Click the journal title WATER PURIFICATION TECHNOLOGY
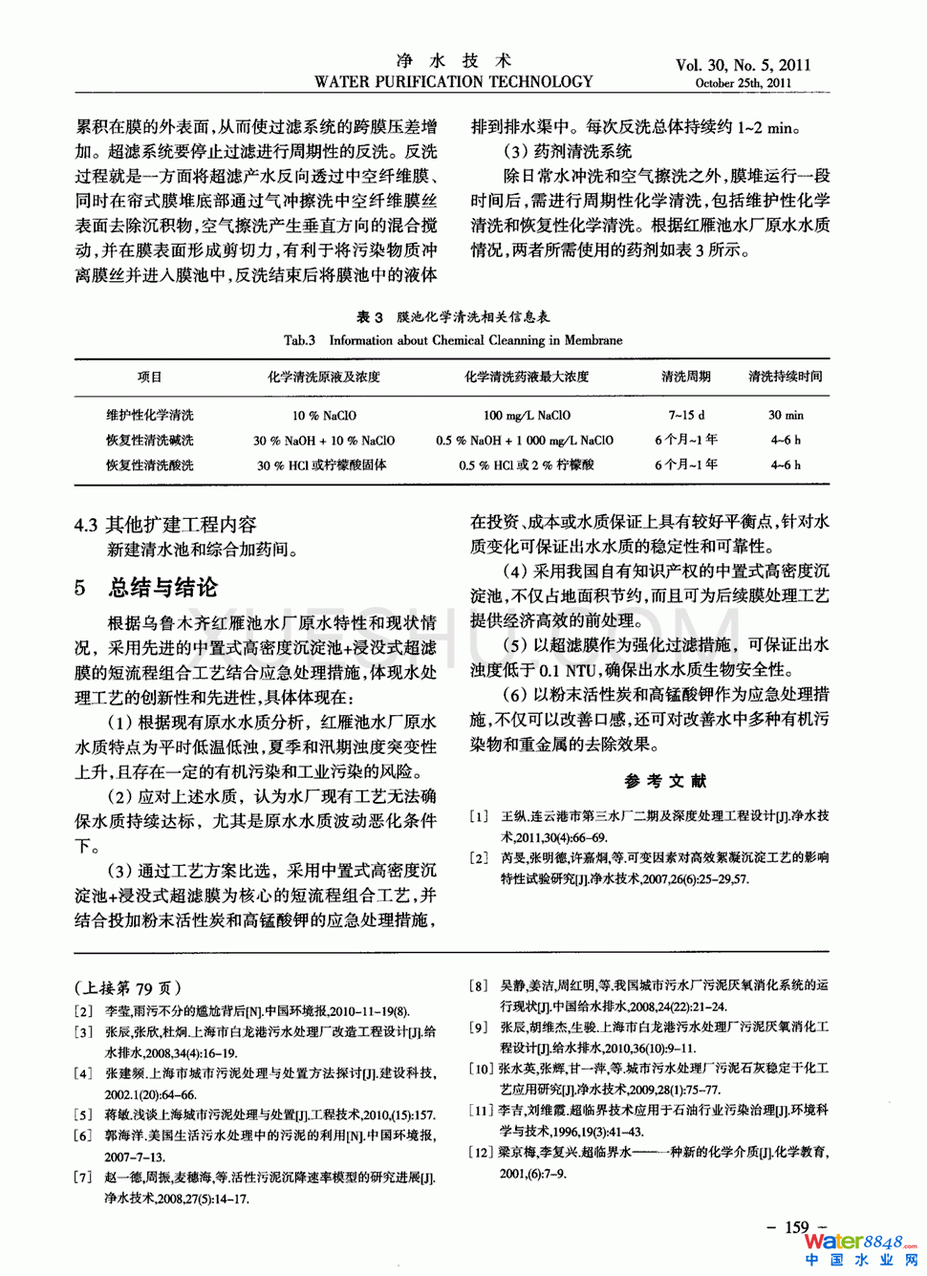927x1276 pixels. (x=453, y=82)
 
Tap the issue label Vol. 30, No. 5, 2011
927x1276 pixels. (x=743, y=65)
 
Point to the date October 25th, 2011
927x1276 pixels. (x=743, y=83)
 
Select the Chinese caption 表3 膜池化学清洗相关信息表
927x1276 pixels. (x=453, y=316)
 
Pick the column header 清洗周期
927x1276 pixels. (x=685, y=377)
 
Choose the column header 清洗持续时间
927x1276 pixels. (x=785, y=377)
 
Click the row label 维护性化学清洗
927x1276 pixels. (x=150, y=415)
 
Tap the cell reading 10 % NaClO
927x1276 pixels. (x=324, y=416)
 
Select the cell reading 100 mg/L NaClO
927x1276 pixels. (x=527, y=416)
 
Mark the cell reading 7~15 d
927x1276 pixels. (x=686, y=416)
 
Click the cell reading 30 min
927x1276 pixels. (x=786, y=416)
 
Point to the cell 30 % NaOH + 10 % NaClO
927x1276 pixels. (x=324, y=441)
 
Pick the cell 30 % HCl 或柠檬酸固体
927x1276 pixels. (x=322, y=465)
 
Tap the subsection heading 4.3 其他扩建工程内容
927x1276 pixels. (x=165, y=525)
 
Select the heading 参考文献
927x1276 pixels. (x=666, y=781)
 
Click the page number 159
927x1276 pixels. (x=796, y=1227)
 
